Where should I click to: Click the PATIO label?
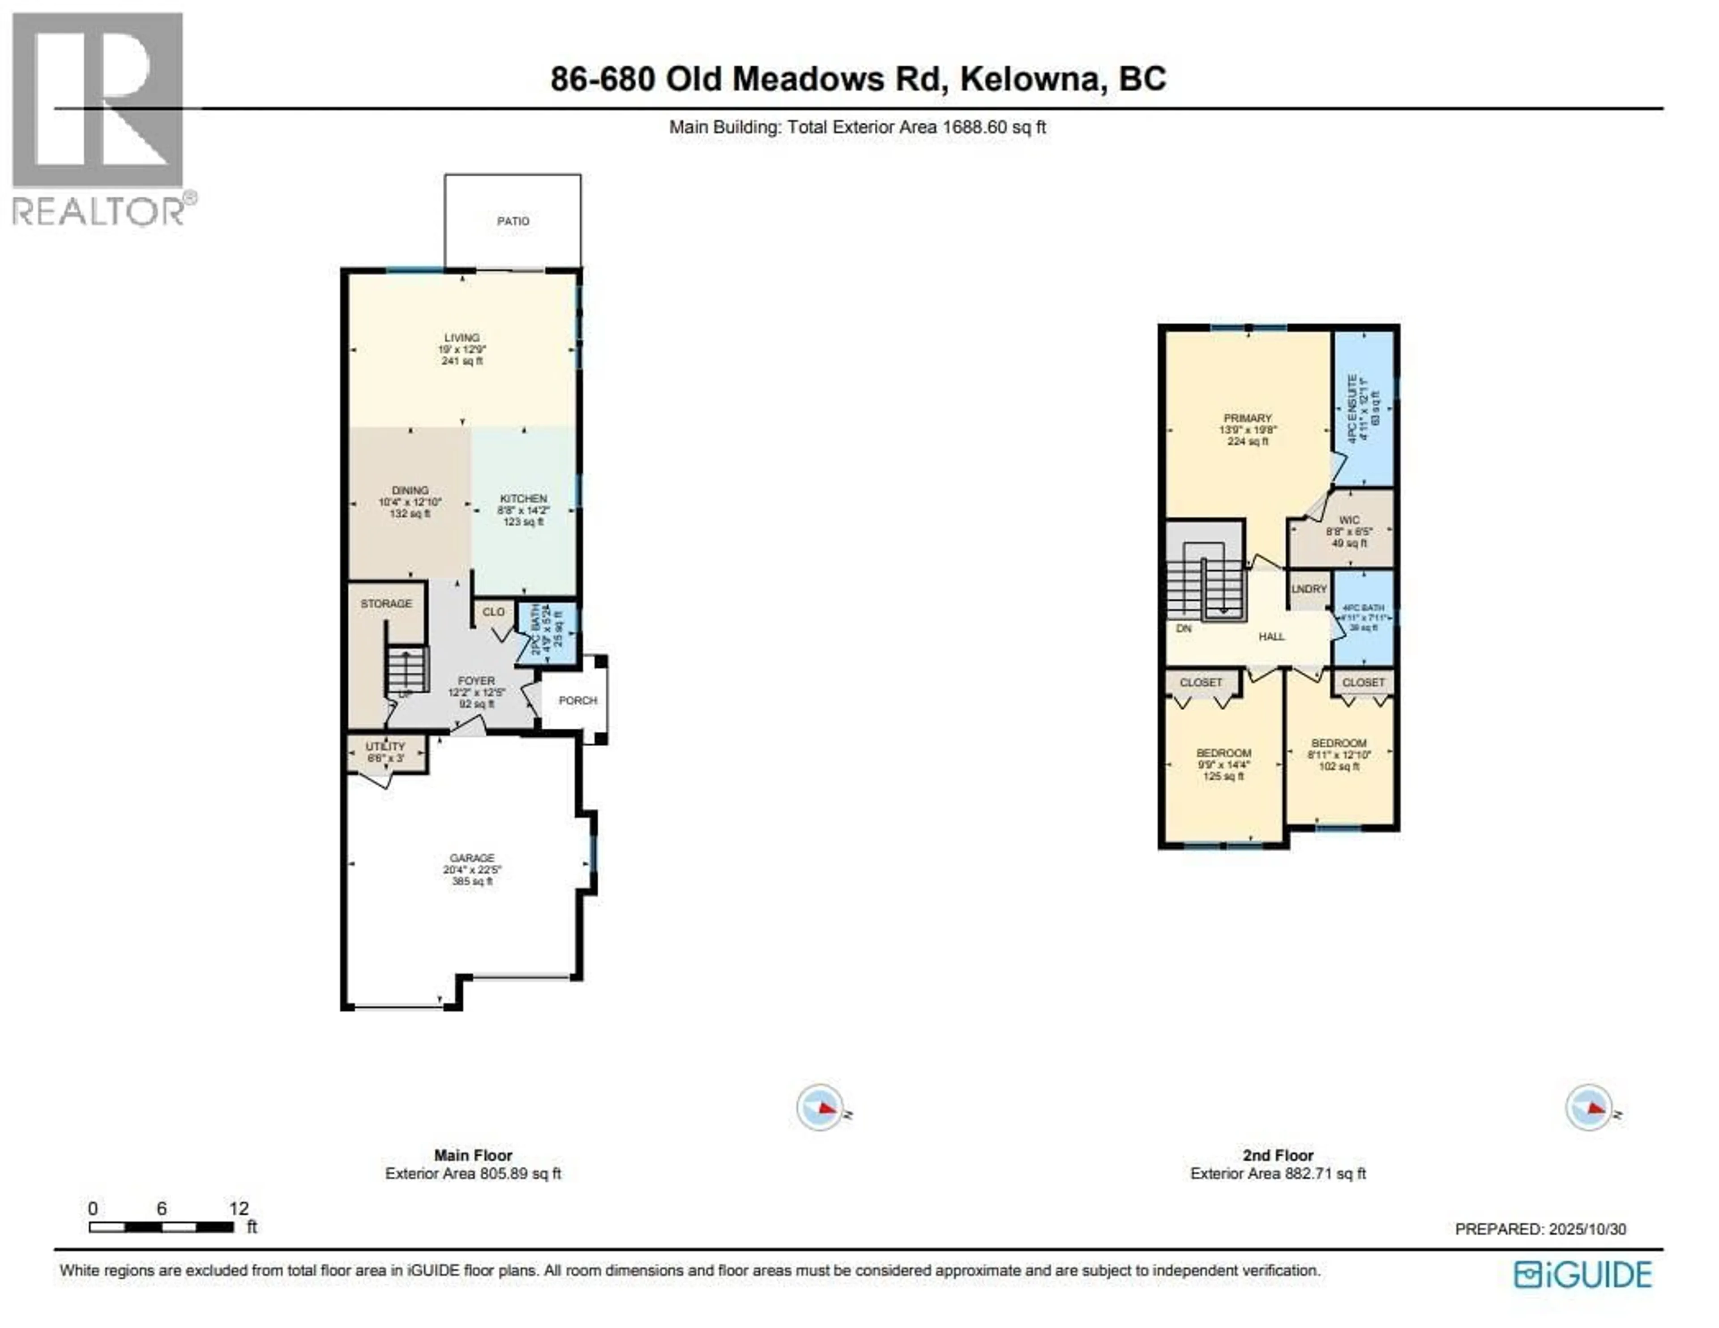point(513,221)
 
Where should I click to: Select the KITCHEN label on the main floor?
point(523,498)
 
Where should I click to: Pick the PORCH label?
point(578,700)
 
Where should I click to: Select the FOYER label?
point(476,680)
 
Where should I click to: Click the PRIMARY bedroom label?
point(1248,418)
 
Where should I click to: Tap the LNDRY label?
point(1309,589)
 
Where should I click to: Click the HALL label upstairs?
point(1271,636)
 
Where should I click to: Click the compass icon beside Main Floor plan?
point(821,1108)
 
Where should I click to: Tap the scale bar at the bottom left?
point(161,1226)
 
